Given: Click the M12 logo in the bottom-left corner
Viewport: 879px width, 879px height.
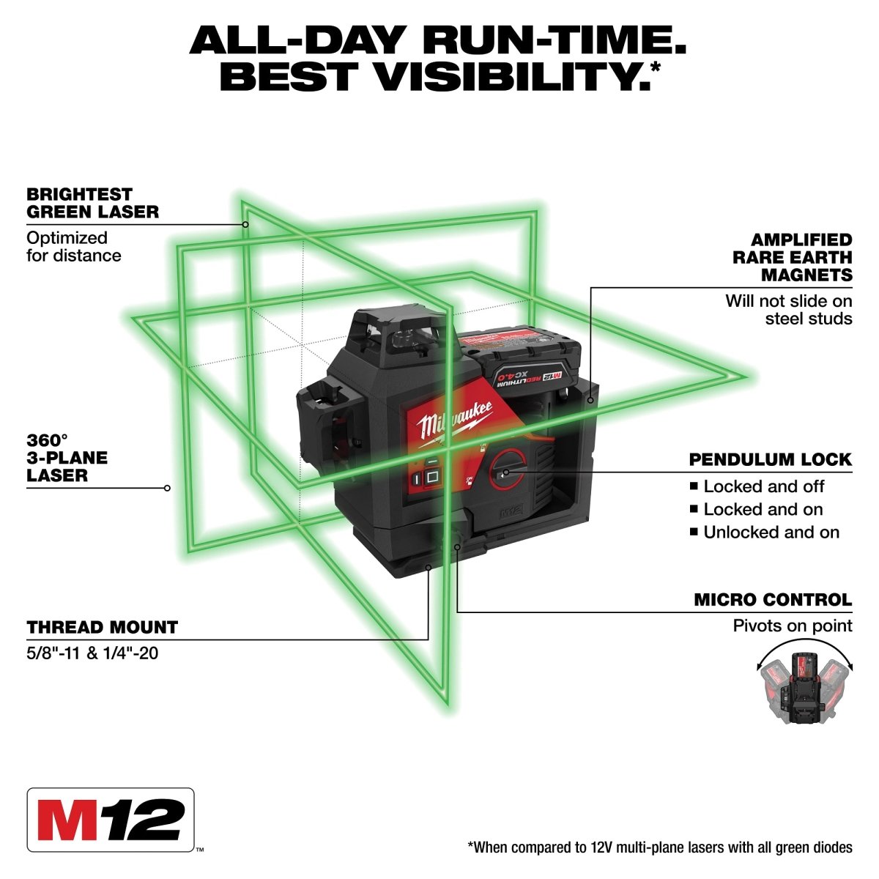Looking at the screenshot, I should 111,819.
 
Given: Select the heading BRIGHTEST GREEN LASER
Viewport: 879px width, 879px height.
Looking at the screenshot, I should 92,203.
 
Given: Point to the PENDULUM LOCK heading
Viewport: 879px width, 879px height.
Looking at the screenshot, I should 770,459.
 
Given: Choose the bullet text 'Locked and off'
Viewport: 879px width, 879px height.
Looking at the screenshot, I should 763,486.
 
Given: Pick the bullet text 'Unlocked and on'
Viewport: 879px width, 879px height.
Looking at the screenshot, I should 771,533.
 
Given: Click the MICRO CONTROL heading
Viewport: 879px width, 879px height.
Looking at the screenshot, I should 773,600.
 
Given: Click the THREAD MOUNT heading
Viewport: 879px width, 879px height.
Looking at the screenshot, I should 102,627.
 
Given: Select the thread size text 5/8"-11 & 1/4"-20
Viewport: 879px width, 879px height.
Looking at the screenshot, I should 92,651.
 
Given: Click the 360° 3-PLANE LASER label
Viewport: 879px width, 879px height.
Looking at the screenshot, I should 67,458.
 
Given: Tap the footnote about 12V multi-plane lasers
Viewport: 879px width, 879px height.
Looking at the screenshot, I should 659,848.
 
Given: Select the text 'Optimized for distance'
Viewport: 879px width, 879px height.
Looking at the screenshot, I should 73,247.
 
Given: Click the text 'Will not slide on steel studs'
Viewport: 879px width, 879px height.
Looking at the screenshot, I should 789,309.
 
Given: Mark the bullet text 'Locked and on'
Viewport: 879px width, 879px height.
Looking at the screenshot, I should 763,509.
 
